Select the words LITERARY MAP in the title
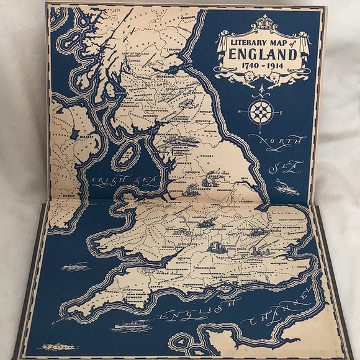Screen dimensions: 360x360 (x=258, y=40)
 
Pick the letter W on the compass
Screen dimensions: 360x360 (x=239, y=112)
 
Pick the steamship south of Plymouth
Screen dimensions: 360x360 (x=131, y=325)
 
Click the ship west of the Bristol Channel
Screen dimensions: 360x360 (x=75, y=266)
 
